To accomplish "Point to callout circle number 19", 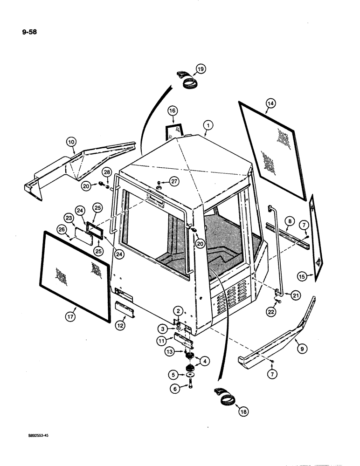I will point(200,69).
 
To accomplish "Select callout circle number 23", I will point(69,218).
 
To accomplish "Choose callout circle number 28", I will point(106,173).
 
